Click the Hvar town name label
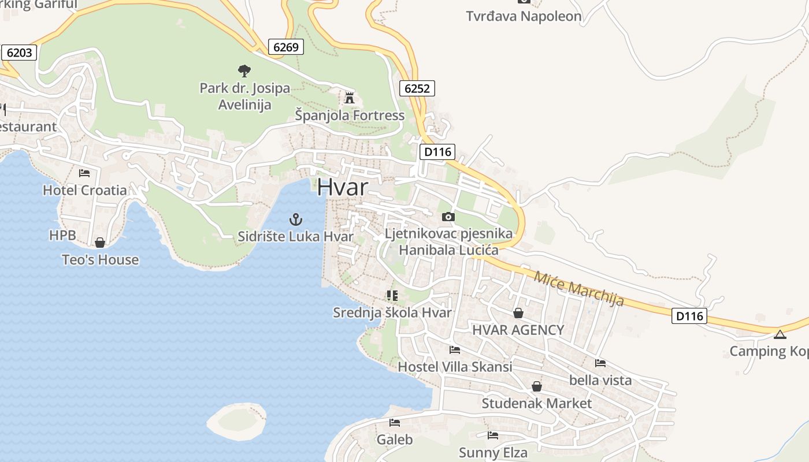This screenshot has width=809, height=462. tap(342, 187)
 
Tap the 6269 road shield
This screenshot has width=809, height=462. tap(286, 47)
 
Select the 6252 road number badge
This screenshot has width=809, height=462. tap(417, 88)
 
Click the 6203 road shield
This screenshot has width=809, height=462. tap(19, 53)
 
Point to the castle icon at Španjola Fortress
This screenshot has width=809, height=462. tap(349, 98)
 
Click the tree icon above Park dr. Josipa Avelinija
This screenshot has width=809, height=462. tap(244, 71)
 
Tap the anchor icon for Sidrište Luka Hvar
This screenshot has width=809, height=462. tap(295, 219)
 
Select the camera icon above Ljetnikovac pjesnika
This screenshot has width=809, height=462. tap(448, 217)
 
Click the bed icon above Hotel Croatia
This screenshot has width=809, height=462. tap(84, 173)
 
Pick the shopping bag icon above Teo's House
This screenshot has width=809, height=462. tap(100, 243)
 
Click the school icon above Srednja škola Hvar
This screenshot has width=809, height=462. tap(392, 296)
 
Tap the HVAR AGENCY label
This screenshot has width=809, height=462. tap(518, 330)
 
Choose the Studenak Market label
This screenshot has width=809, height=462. tap(536, 403)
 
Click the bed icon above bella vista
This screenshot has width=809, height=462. tap(600, 363)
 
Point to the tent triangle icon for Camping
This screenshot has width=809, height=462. tap(780, 334)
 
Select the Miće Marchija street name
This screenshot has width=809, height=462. tap(578, 288)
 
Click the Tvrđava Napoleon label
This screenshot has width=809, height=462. tap(524, 16)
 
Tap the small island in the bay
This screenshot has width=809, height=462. tap(236, 420)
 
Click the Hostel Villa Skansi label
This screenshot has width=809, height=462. tap(455, 367)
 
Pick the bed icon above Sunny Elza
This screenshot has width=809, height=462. tap(492, 435)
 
